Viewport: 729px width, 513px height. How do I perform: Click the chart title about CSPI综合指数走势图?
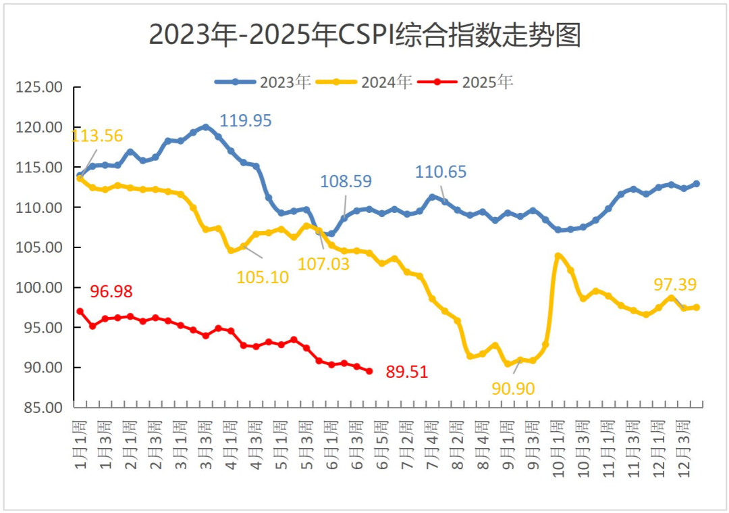click(x=364, y=35)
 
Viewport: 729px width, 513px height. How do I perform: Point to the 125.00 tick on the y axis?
click(x=39, y=88)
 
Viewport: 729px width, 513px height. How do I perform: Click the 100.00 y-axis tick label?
click(x=39, y=288)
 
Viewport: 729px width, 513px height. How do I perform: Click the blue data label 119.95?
click(x=246, y=120)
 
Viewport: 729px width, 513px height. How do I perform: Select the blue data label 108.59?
click(x=346, y=181)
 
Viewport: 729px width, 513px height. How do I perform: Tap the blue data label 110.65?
click(x=441, y=172)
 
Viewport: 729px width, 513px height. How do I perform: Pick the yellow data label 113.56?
click(x=97, y=136)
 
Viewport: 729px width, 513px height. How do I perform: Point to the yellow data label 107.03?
click(x=324, y=264)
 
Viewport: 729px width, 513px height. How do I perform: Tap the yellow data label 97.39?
click(x=675, y=285)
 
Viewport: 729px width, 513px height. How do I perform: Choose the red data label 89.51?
click(x=407, y=372)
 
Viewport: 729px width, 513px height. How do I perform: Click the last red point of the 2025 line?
click(x=369, y=371)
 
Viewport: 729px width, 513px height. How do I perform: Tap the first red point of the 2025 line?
click(x=80, y=312)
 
